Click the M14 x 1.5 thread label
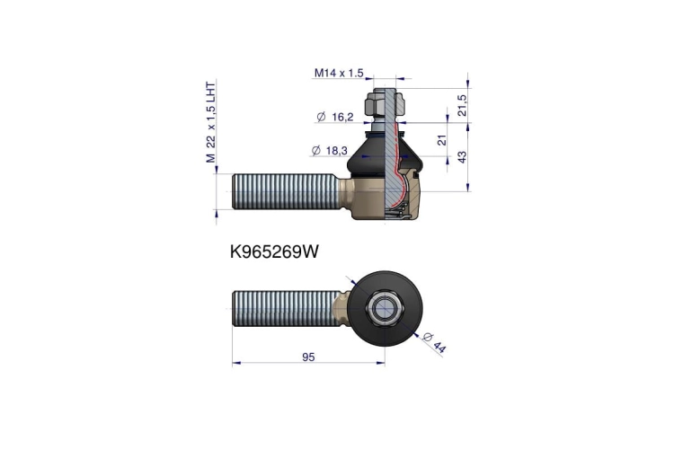coord(339,73)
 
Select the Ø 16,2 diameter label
coord(335,117)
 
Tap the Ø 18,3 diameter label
coord(329,151)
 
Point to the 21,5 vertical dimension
coord(462,105)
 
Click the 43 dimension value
coord(462,157)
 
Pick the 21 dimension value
coord(442,139)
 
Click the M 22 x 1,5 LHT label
coord(210,122)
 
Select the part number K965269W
coord(274,251)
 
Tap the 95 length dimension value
coord(308,357)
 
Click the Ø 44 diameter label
coord(434,342)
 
